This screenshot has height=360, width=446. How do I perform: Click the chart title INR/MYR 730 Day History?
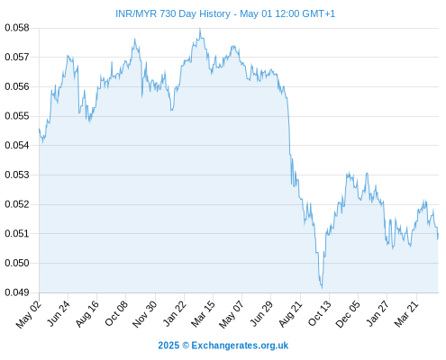(173, 13)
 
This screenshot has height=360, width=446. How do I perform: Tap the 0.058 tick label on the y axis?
(17, 28)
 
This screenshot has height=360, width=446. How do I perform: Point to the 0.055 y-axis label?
(17, 116)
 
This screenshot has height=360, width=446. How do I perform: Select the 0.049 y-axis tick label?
(17, 292)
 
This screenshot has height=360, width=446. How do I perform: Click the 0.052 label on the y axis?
(17, 204)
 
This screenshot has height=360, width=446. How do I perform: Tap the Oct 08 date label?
(116, 313)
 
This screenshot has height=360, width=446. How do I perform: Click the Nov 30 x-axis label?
(144, 314)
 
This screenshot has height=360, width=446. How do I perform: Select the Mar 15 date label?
(203, 314)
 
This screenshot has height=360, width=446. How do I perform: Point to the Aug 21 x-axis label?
(289, 314)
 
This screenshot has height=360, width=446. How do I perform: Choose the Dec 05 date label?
(347, 314)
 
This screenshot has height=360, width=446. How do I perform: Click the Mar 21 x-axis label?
(405, 314)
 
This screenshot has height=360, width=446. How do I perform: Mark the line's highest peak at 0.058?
(200, 29)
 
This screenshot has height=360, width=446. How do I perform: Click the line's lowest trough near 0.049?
(322, 288)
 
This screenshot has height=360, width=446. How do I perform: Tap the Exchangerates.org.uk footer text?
(240, 346)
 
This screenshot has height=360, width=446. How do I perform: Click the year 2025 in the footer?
(168, 346)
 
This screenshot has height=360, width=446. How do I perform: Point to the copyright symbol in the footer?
(186, 346)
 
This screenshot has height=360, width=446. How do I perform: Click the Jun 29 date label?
(260, 313)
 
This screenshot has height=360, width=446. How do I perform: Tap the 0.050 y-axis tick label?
(17, 263)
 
